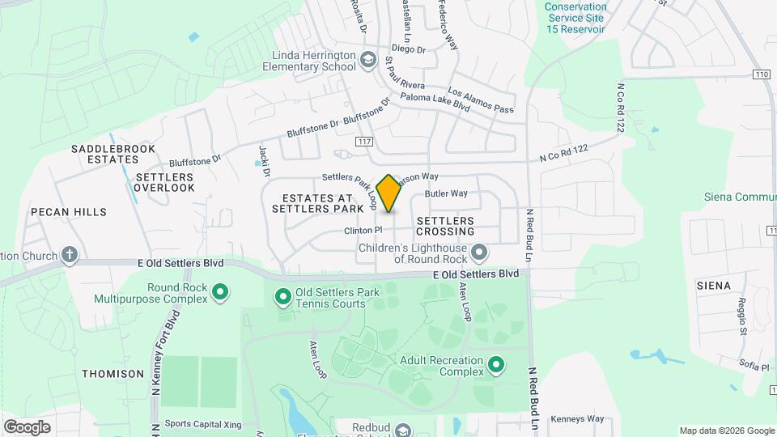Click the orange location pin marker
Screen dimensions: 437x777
coord(389,193)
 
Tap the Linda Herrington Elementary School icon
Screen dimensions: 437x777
coord(368,59)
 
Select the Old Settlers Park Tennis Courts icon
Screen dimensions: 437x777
coord(283,298)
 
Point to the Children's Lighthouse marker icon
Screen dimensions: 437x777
coord(479,253)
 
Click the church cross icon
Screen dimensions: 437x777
coord(70,256)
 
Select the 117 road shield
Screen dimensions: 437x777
coord(363,142)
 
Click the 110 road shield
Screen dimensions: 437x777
coord(760,74)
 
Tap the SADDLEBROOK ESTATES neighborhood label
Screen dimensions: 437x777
coord(108,154)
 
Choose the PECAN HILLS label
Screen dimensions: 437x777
coord(69,212)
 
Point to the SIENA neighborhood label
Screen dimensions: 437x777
coord(714,286)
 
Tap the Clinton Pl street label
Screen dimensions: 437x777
coord(363,231)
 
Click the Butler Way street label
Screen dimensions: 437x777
coord(447,193)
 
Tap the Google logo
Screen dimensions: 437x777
coord(27,427)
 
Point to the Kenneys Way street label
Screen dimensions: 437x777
coord(577,419)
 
